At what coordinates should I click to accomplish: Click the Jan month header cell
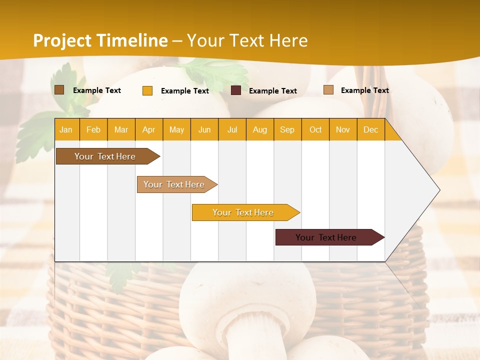(x=66, y=129)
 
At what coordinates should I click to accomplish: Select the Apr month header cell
(x=149, y=129)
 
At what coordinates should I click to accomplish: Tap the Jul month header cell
(x=232, y=129)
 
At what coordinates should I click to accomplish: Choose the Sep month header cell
(x=287, y=129)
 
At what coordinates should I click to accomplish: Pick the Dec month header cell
(x=370, y=129)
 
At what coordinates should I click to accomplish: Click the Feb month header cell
(x=93, y=129)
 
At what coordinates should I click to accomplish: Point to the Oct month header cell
(x=315, y=129)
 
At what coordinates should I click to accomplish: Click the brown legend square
(x=59, y=90)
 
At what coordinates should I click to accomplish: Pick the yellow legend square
(x=147, y=90)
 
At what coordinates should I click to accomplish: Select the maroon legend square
(x=236, y=90)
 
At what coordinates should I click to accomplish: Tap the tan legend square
(x=328, y=90)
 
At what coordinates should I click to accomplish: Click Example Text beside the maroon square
(x=273, y=91)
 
